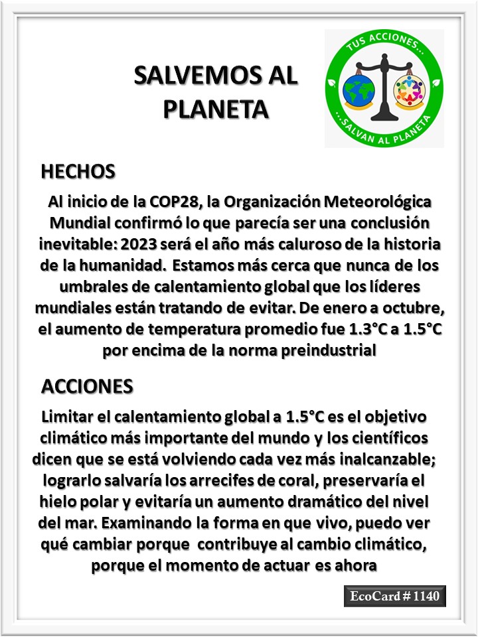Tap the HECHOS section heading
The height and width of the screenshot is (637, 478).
[x=78, y=171]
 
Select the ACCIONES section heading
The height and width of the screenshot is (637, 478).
[x=87, y=386]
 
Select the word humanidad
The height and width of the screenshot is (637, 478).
[x=119, y=266]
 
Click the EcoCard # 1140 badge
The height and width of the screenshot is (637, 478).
[x=394, y=596]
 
